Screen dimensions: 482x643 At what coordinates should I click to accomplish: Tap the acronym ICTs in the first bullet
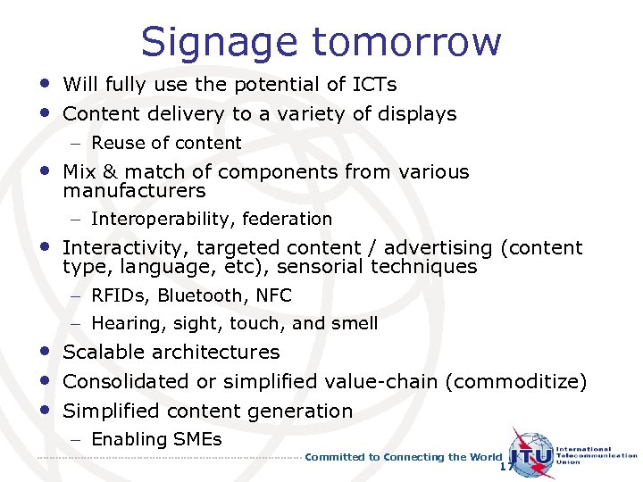375,85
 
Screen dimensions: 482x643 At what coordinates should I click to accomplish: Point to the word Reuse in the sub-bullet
114,143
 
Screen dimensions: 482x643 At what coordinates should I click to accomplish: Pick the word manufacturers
134,191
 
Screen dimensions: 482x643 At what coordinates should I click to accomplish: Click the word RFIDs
119,295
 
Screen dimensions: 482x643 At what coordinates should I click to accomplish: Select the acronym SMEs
198,439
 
